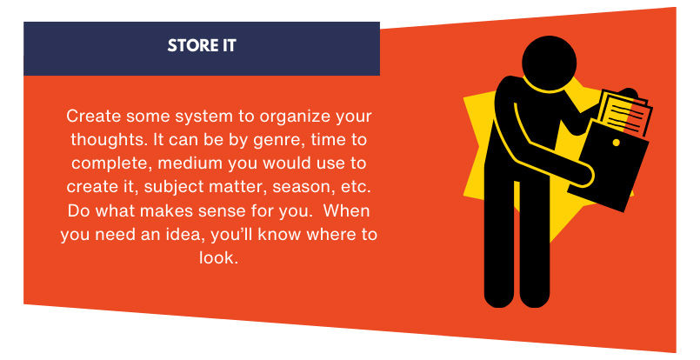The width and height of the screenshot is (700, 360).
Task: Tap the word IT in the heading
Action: (x=226, y=46)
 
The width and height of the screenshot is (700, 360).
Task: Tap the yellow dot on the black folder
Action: (x=616, y=143)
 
